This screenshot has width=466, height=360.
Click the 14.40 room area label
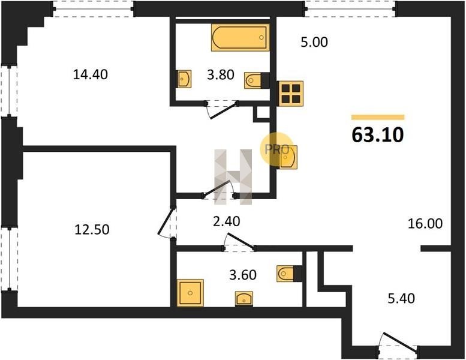(x=91, y=74)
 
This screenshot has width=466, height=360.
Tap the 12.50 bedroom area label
(x=92, y=229)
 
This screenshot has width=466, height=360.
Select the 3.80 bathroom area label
(x=221, y=74)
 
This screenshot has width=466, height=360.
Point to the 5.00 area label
(x=314, y=42)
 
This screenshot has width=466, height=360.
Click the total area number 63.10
(x=377, y=134)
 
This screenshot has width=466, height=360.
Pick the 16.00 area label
(x=425, y=223)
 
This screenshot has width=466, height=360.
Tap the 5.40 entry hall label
(x=401, y=298)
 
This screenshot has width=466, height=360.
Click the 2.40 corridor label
(x=227, y=221)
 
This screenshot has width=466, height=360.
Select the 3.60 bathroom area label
(x=243, y=275)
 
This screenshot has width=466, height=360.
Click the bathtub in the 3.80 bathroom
(x=240, y=37)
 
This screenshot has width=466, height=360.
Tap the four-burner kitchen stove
(x=291, y=94)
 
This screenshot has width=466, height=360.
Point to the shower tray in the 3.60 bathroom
(x=190, y=293)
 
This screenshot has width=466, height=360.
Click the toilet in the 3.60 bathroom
(x=289, y=274)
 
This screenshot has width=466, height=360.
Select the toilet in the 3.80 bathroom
(x=257, y=80)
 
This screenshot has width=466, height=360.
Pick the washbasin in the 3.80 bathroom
(x=184, y=79)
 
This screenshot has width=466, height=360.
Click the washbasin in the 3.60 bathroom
(x=244, y=299)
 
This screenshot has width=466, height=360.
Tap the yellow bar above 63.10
(x=378, y=117)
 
